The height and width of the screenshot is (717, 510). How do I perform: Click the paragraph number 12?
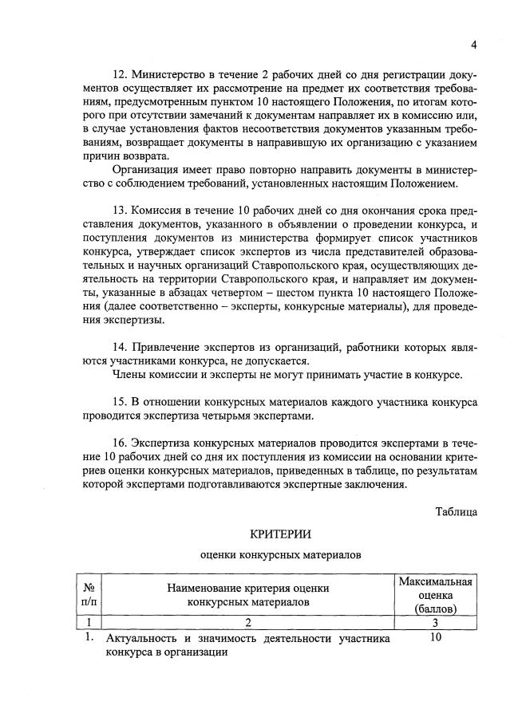click(121, 74)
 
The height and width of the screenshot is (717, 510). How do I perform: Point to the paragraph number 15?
click(121, 401)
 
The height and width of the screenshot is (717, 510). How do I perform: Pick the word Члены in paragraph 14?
click(130, 374)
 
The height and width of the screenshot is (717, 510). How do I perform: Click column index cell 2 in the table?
click(247, 622)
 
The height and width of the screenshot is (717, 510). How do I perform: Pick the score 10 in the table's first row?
click(436, 637)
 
